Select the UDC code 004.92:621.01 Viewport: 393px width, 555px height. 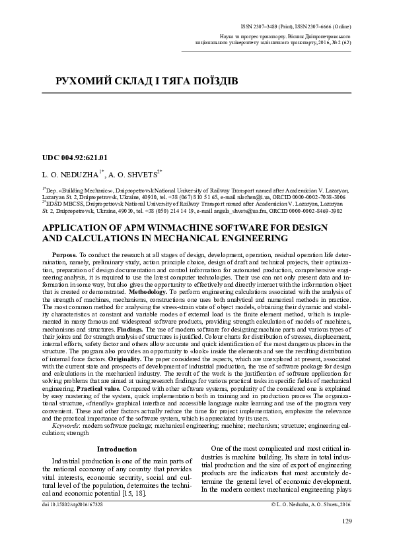pyautogui.click(x=74, y=158)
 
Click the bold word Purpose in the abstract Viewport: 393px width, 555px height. pyautogui.click(x=64, y=254)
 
